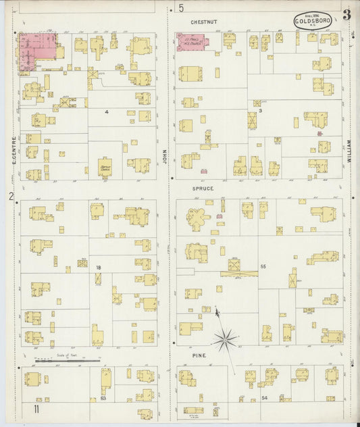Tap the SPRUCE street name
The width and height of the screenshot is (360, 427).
[x=203, y=189]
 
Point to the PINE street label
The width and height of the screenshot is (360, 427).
[x=199, y=355]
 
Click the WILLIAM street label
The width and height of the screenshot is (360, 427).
[x=349, y=149]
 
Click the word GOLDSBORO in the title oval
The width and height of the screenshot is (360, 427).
[x=312, y=21]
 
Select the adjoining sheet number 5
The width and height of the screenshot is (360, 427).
[x=181, y=8]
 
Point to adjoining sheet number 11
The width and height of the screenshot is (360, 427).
[x=31, y=409]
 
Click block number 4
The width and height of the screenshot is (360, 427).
[x=106, y=111]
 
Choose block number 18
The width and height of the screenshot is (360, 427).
[x=99, y=268]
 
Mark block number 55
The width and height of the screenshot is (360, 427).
[x=263, y=267]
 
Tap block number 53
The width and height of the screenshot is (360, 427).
[x=103, y=399]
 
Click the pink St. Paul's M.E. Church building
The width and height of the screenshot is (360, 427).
[x=192, y=42]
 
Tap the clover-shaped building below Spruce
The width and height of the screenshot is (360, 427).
[x=197, y=218]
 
